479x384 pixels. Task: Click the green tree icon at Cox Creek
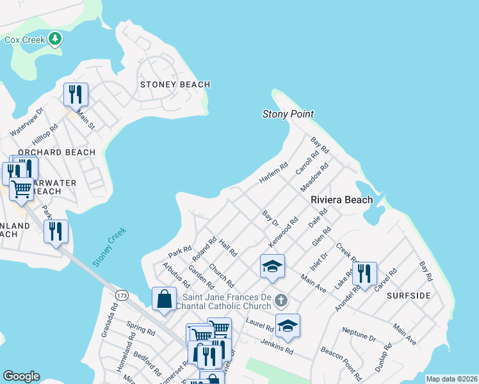(55, 40)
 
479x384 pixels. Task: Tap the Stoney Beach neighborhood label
(175, 84)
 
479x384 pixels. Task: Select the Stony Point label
(288, 115)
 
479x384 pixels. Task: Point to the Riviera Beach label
(341, 200)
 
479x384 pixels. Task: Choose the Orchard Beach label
(56, 152)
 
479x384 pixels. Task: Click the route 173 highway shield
(122, 294)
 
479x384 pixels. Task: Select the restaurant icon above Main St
(76, 95)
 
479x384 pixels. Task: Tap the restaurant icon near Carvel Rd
(364, 273)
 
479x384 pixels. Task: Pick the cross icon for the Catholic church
(280, 300)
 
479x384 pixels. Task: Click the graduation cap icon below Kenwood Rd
(272, 266)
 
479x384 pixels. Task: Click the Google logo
(21, 376)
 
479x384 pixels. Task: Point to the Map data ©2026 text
(451, 379)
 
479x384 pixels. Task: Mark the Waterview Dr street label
(26, 121)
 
